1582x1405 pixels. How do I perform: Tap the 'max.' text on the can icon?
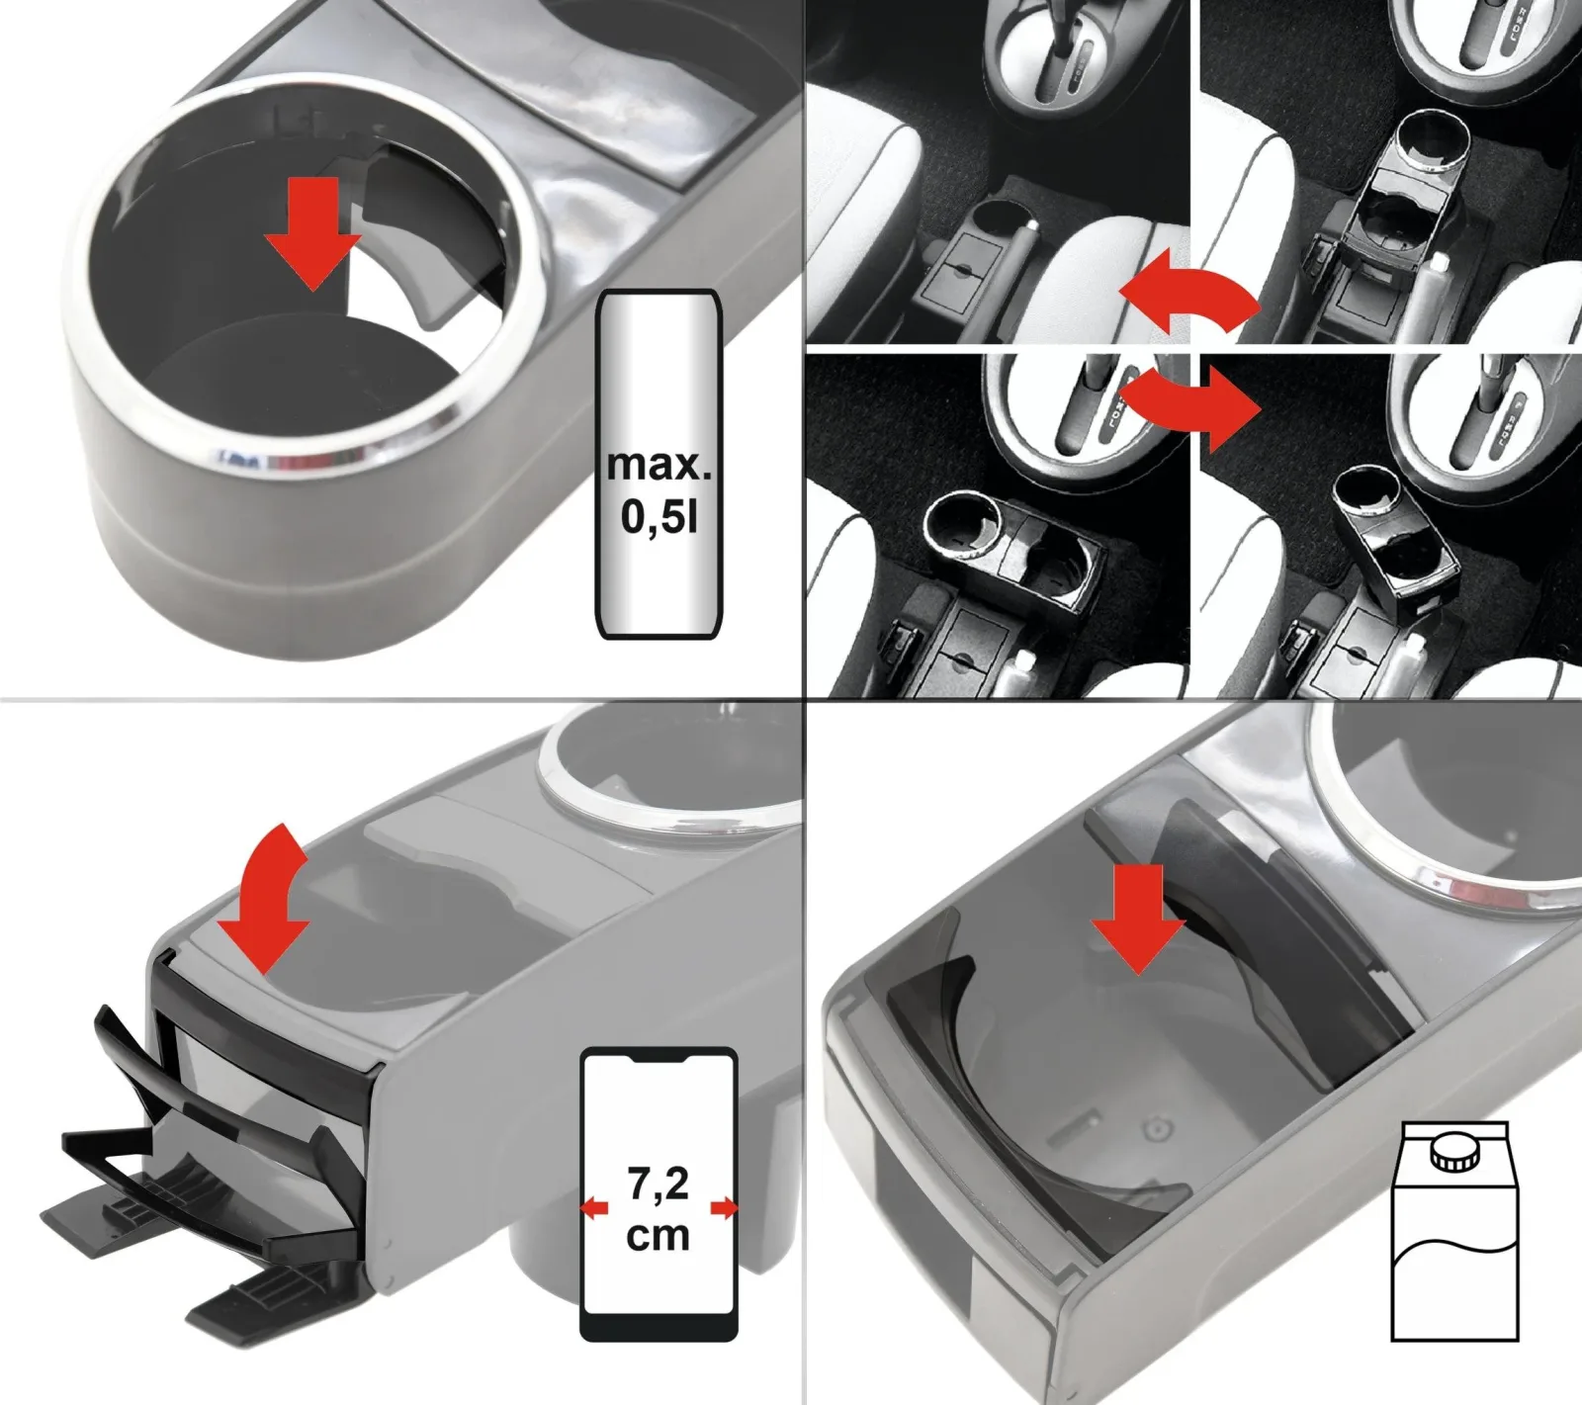click(x=659, y=464)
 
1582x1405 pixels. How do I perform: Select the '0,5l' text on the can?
click(x=659, y=515)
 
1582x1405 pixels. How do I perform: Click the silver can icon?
click(x=659, y=465)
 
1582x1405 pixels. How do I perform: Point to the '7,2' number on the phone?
click(x=658, y=1184)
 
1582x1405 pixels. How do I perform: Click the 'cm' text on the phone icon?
click(x=658, y=1235)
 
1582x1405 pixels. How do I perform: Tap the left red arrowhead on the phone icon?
click(x=594, y=1207)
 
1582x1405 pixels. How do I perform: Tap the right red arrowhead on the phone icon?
click(x=725, y=1207)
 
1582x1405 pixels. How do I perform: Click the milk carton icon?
click(x=1453, y=1231)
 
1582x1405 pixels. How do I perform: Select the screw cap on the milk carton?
click(x=1453, y=1153)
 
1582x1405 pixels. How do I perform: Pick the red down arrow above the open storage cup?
click(x=1138, y=919)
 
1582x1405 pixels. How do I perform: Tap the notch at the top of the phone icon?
click(x=659, y=1059)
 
